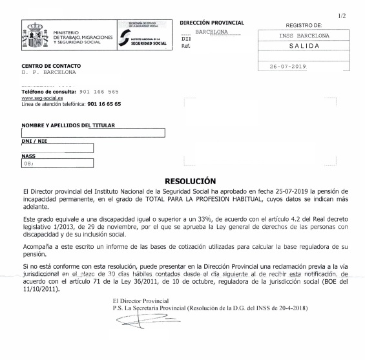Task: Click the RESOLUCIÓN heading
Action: point(190,182)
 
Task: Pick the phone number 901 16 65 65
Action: point(104,103)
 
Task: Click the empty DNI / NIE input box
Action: point(57,148)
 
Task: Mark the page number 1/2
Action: point(342,14)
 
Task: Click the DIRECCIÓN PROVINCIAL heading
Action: point(212,23)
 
